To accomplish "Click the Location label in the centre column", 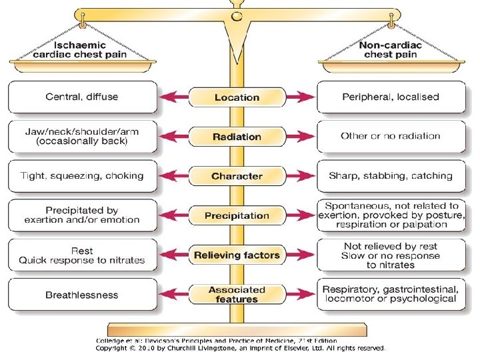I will click(237, 97).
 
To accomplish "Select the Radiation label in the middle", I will click(237, 137).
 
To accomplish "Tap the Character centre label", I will click(237, 176).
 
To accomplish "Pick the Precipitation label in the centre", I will click(237, 215).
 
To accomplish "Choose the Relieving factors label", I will click(237, 255).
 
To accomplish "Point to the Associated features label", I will click(237, 295).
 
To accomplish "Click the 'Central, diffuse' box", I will click(82, 97).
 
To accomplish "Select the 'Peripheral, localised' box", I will click(391, 97).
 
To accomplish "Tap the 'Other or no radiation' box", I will click(391, 136).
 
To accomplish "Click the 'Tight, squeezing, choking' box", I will click(82, 176).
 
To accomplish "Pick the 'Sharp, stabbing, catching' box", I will click(391, 176).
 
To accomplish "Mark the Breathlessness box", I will click(82, 295).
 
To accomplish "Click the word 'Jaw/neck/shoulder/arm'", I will click(82, 131).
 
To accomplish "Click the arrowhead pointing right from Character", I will click(309, 176).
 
